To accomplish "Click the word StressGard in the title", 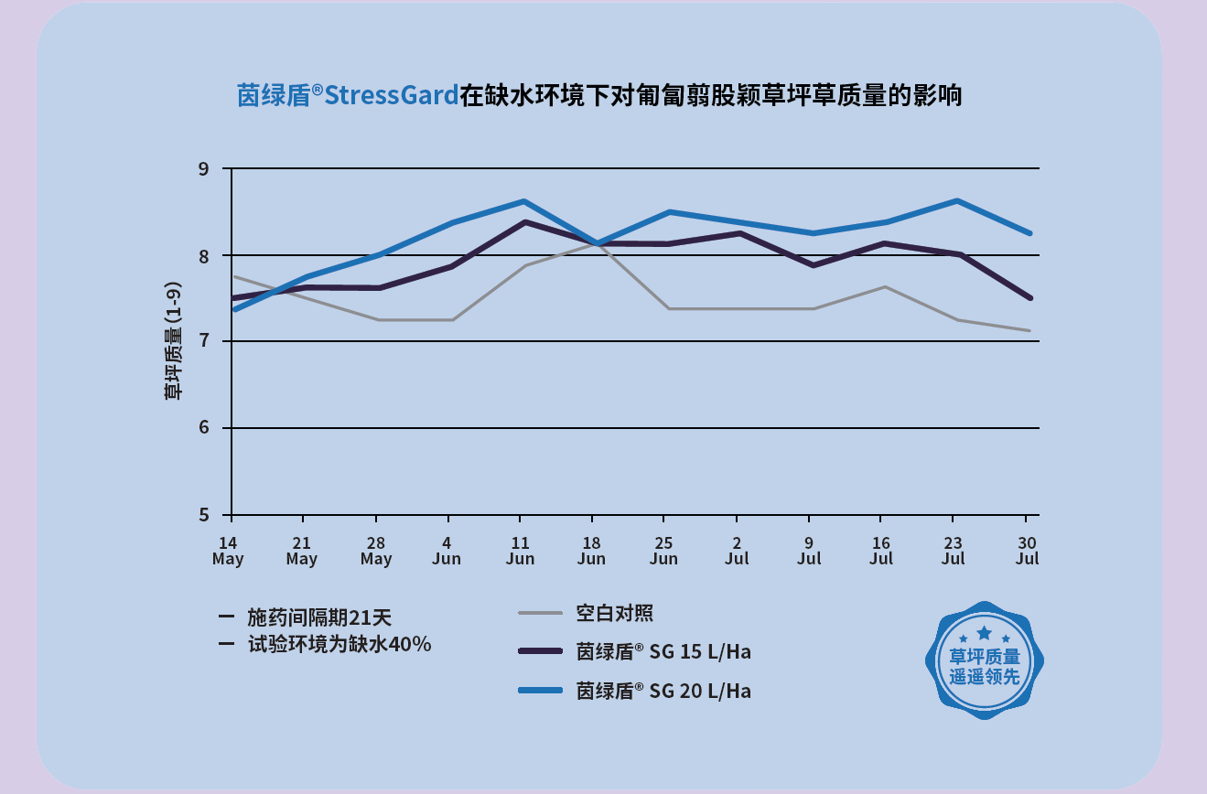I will click(x=391, y=95).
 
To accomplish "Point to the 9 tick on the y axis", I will click(x=203, y=169).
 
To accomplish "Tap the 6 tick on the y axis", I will click(x=203, y=428).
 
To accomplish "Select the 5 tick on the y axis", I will click(x=203, y=514).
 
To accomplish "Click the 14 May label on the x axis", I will click(x=228, y=550).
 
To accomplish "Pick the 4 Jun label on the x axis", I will click(x=447, y=550).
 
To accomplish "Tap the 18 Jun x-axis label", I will click(x=592, y=550).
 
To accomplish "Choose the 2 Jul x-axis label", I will click(x=737, y=550).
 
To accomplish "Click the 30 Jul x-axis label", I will click(x=1027, y=550).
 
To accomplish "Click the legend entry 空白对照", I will click(x=615, y=613).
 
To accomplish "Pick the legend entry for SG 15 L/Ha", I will click(x=663, y=651).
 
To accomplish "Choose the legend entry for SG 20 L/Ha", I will click(x=663, y=691).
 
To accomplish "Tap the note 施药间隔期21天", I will click(x=319, y=617).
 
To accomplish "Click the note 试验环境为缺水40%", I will click(x=339, y=644).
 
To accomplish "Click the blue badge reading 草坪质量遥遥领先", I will click(x=984, y=660).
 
